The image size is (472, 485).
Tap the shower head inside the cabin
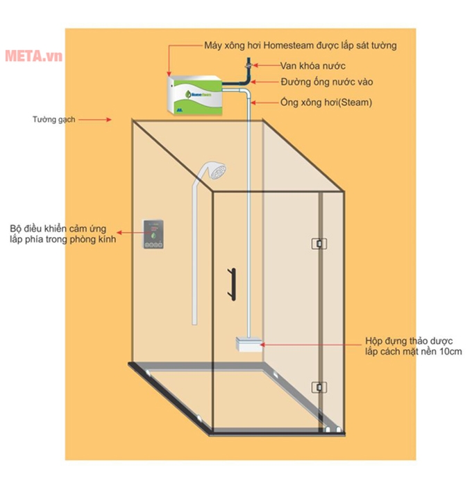pos(215,170)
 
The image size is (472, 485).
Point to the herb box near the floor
pos(248,344)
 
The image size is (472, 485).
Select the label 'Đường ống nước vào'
pos(327,82)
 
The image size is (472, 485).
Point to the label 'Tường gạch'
pos(53,119)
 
